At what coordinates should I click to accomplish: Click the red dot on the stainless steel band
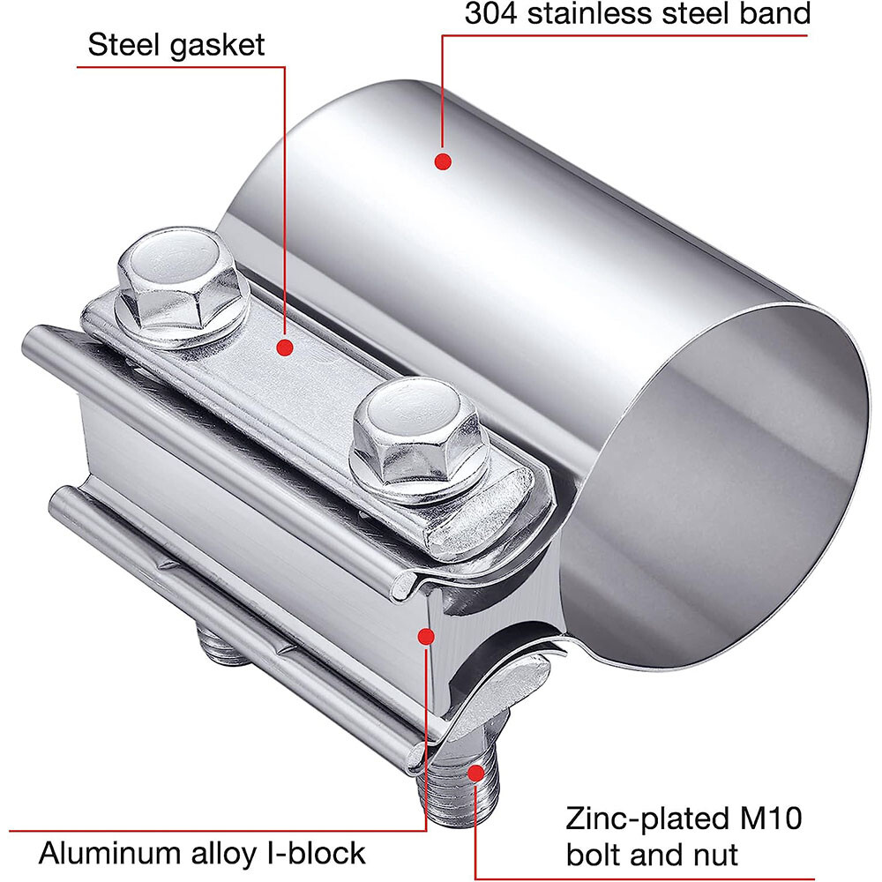(444, 161)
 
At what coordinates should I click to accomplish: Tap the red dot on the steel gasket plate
(284, 348)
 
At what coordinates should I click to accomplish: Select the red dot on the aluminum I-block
(427, 634)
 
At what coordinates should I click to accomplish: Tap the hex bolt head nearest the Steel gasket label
(177, 282)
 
